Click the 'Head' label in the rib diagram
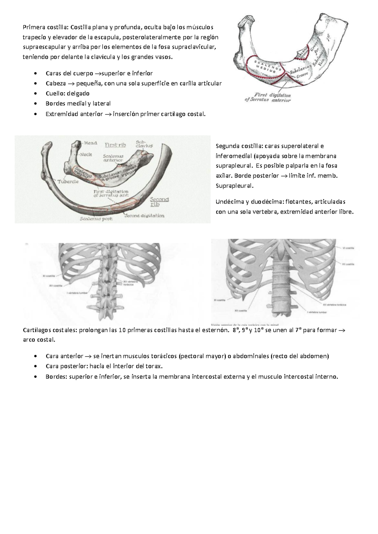pos(90,143)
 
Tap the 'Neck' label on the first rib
pos(86,155)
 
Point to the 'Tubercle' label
pos(68,182)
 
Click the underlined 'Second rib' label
pos(159,202)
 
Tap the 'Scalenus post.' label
pos(96,219)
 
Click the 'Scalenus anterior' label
pos(113,158)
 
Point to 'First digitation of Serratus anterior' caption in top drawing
pos(268,98)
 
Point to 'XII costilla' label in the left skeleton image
pos(55,285)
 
